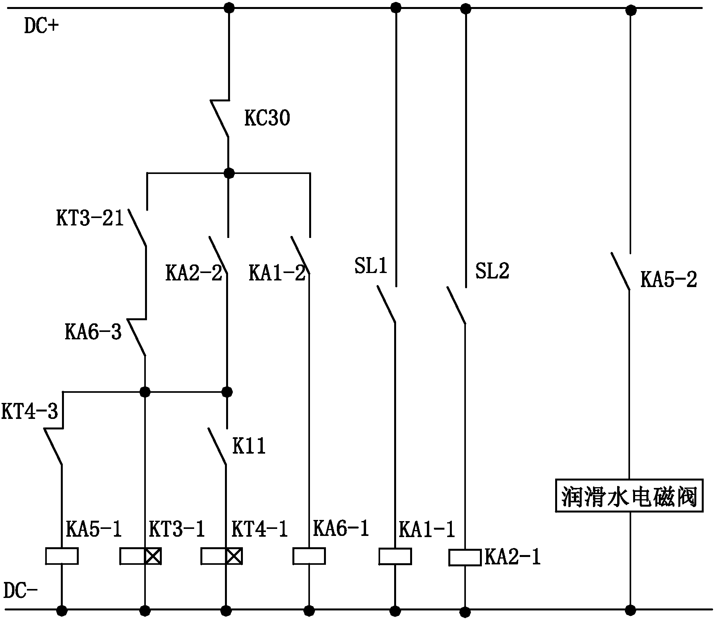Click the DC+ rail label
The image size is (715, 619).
click(x=41, y=27)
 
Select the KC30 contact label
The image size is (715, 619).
click(x=267, y=118)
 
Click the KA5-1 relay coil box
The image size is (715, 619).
click(x=62, y=556)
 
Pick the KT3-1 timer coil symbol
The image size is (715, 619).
click(x=140, y=556)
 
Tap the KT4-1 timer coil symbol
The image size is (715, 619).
click(x=221, y=556)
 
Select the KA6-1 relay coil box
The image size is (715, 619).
click(x=309, y=556)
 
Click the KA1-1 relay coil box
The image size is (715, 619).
click(x=395, y=556)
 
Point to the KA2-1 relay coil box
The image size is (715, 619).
click(x=465, y=557)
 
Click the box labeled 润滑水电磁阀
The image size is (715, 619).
click(x=629, y=496)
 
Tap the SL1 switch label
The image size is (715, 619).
click(x=371, y=266)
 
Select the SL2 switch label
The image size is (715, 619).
click(x=492, y=270)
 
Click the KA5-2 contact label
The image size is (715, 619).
click(x=669, y=279)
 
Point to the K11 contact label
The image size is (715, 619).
click(x=249, y=446)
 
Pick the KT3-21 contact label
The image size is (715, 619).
click(x=90, y=218)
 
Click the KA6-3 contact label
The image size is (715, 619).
click(x=93, y=332)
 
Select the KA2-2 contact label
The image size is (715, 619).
click(x=194, y=273)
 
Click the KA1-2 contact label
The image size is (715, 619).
click(x=277, y=273)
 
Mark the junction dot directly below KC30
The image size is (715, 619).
click(x=229, y=172)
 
